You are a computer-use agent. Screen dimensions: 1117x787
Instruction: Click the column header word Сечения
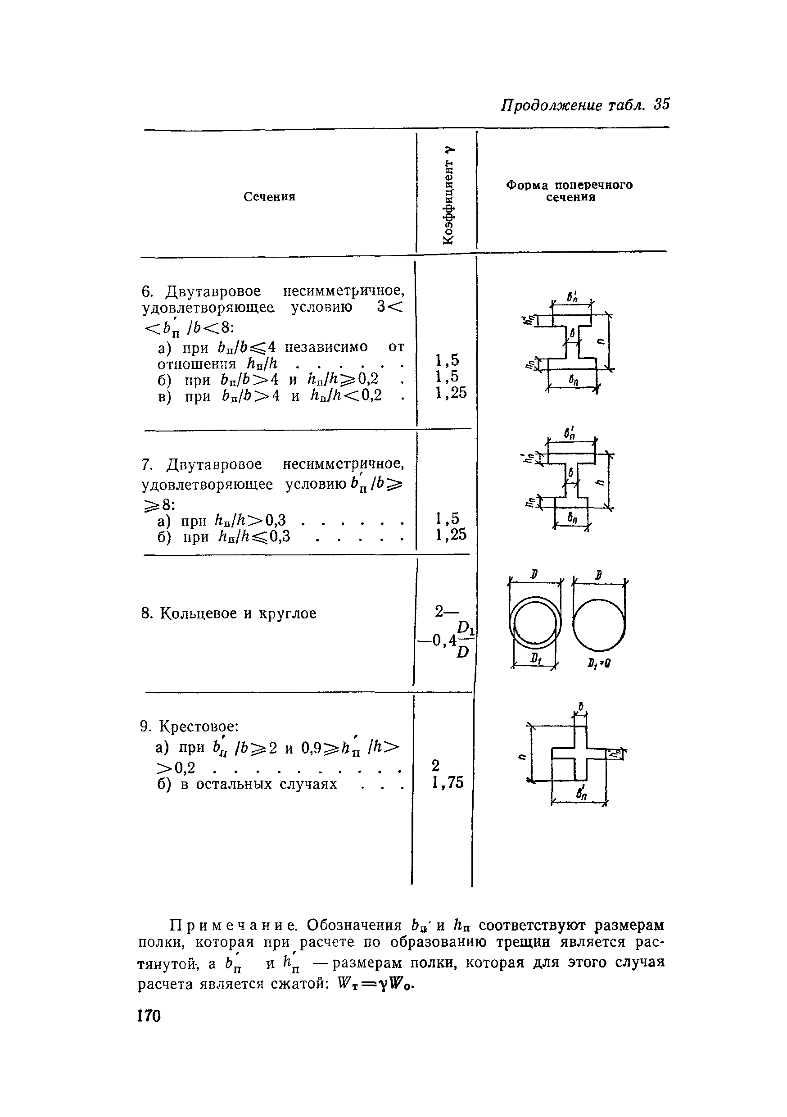(269, 196)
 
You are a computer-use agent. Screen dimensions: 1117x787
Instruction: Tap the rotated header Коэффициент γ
(449, 195)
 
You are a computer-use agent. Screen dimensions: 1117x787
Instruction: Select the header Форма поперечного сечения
(570, 191)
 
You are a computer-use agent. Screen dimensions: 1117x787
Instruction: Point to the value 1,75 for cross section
(448, 782)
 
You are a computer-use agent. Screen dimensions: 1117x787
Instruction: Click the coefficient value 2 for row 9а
(435, 766)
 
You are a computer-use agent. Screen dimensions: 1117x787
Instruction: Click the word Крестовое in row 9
(199, 727)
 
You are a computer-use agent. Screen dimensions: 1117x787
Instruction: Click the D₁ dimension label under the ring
(534, 659)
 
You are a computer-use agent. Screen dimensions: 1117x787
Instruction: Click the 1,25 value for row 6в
(451, 393)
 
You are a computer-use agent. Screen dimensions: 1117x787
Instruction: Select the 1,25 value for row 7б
(451, 535)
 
